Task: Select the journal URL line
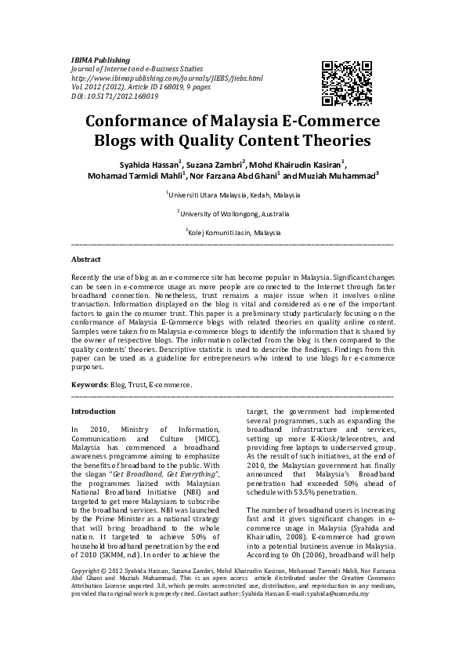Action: (x=167, y=78)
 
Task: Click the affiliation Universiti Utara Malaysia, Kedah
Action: (x=233, y=194)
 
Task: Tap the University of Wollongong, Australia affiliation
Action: (x=233, y=213)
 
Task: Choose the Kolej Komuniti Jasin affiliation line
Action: (x=233, y=233)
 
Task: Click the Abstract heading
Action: (x=86, y=258)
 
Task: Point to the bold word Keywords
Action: (x=89, y=386)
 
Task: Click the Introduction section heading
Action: (x=93, y=412)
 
